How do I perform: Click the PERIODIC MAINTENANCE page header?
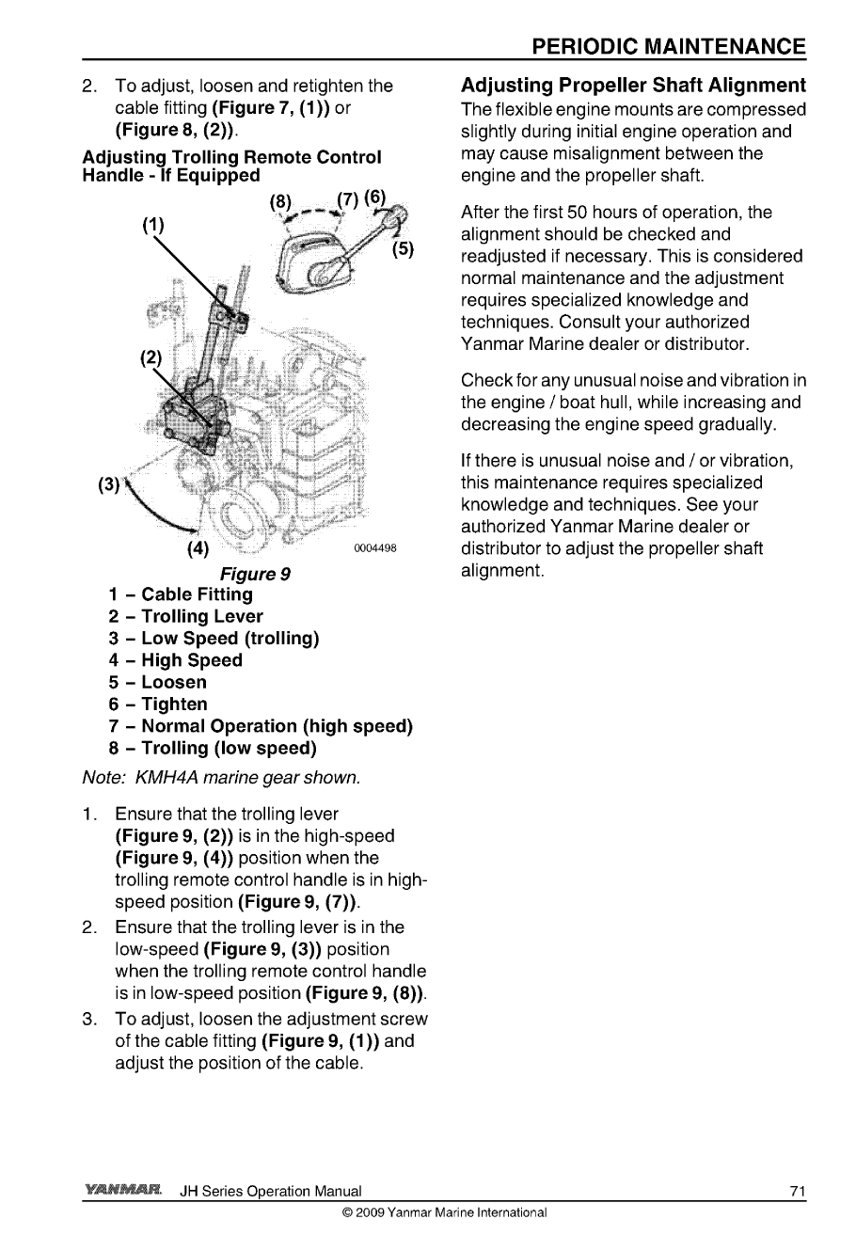coord(668,47)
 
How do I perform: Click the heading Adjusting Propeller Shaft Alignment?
coord(633,86)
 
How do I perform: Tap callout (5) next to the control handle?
coord(404,250)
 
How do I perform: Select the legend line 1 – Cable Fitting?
coord(181,594)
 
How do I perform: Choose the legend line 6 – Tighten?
coord(158,704)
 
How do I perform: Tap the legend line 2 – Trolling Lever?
coord(185,616)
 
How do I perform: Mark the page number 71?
coord(798,1192)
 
